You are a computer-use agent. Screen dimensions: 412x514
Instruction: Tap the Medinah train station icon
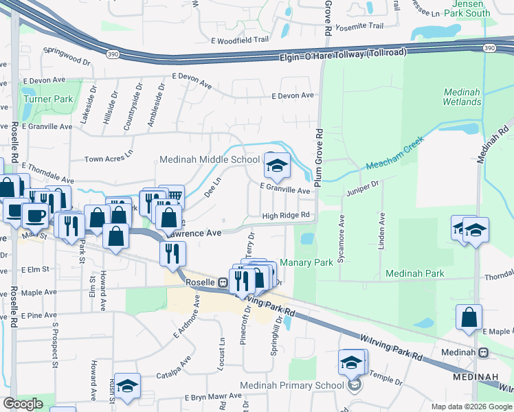483,353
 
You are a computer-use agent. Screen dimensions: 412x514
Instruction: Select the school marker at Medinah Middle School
277,165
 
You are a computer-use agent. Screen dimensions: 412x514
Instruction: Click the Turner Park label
48,99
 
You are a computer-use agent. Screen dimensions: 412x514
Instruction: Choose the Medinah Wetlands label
462,97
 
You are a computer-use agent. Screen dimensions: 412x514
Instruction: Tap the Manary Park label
314,262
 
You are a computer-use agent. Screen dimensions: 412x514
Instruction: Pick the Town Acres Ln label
108,159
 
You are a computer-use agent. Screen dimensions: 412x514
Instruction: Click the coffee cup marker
34,214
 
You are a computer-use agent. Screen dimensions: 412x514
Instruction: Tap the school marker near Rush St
127,387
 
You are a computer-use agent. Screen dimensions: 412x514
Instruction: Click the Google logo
23,404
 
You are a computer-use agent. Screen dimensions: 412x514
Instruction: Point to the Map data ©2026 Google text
471,407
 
